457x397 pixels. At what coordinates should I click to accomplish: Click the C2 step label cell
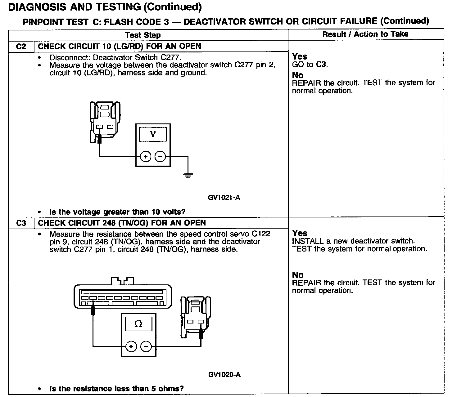[x=21, y=47]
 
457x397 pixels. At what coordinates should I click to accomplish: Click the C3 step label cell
[x=21, y=223]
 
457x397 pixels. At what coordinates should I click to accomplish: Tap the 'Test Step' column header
[x=143, y=35]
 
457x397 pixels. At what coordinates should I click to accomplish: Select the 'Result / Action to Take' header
[x=365, y=34]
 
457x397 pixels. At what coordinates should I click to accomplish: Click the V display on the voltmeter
[x=152, y=134]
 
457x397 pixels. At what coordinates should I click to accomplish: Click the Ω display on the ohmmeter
[x=138, y=324]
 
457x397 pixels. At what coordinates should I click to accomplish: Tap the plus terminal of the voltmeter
[x=145, y=157]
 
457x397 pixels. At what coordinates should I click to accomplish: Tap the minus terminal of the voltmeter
[x=160, y=157]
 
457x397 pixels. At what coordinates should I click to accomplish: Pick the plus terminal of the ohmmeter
[x=131, y=346]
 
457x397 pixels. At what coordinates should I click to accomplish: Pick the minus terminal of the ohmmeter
[x=146, y=346]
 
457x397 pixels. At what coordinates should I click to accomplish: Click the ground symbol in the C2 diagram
[x=188, y=176]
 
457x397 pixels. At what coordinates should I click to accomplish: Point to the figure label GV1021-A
[x=224, y=197]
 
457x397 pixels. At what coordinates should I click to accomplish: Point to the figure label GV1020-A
[x=224, y=375]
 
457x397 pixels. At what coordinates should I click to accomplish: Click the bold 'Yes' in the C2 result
[x=300, y=56]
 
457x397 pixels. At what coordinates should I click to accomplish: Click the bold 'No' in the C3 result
[x=298, y=275]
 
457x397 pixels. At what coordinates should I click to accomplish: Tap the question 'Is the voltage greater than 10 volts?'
[x=117, y=212]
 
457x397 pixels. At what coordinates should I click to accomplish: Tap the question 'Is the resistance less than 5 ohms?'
[x=116, y=389]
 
